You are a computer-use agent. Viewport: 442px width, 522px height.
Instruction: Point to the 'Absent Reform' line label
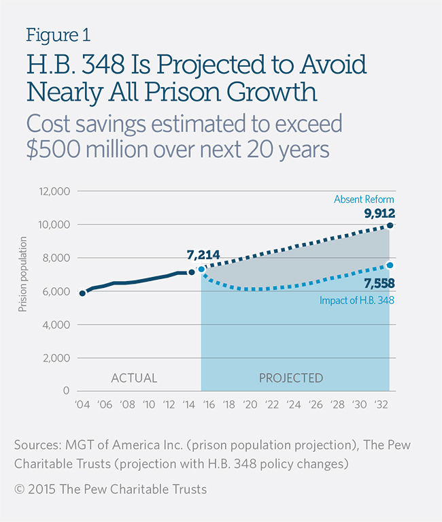tap(364, 199)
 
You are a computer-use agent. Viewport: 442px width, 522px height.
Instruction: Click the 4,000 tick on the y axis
tap(54, 325)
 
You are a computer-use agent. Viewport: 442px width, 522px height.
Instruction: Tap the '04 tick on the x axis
tap(83, 404)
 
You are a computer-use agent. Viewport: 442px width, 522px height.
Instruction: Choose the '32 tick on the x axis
tap(381, 404)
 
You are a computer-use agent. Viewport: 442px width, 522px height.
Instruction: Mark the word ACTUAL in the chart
tap(134, 378)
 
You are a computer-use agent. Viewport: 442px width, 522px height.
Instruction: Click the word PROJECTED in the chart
tap(291, 378)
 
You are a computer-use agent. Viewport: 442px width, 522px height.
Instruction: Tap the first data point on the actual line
tap(82, 293)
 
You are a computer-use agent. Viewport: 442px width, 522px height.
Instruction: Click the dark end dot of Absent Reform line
tap(390, 225)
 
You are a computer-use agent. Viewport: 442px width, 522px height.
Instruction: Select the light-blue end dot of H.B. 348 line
tap(390, 265)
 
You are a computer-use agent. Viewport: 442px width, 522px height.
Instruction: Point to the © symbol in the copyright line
tap(18, 489)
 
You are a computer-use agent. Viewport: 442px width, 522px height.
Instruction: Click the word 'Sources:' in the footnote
tap(37, 444)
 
